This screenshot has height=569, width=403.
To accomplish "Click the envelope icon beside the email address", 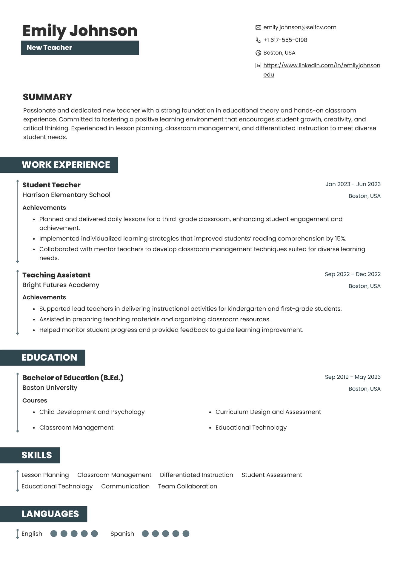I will pyautogui.click(x=258, y=27).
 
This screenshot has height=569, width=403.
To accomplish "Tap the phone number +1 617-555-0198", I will pyautogui.click(x=285, y=40).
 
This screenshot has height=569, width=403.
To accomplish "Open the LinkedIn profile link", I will pyautogui.click(x=322, y=65).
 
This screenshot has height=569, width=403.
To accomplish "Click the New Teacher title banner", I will pyautogui.click(x=80, y=48).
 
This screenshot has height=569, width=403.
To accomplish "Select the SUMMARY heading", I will pyautogui.click(x=47, y=97).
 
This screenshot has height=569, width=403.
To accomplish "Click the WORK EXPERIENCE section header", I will pyautogui.click(x=66, y=165).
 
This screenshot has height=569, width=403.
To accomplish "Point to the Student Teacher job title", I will pyautogui.click(x=51, y=185).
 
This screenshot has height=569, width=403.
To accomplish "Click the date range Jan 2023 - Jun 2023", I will pyautogui.click(x=353, y=184).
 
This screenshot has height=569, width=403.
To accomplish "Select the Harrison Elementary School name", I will pyautogui.click(x=66, y=195).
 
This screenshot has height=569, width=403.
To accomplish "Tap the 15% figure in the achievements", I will pyautogui.click(x=340, y=239).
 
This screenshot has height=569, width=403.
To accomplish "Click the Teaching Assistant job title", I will pyautogui.click(x=56, y=275).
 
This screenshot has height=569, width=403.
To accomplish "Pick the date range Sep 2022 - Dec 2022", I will pyautogui.click(x=353, y=274).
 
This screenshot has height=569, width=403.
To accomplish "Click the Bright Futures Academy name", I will pyautogui.click(x=61, y=285).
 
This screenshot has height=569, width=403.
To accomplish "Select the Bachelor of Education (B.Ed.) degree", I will pyautogui.click(x=73, y=378).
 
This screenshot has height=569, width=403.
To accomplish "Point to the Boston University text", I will pyautogui.click(x=50, y=388).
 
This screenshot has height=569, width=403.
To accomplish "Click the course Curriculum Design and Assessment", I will pyautogui.click(x=268, y=412).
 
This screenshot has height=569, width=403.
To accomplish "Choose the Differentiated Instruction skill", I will pyautogui.click(x=196, y=475).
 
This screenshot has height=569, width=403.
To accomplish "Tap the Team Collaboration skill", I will pyautogui.click(x=187, y=486).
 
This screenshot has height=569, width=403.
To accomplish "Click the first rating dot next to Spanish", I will pyautogui.click(x=145, y=533).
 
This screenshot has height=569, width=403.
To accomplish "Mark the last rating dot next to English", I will pyautogui.click(x=94, y=533).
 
